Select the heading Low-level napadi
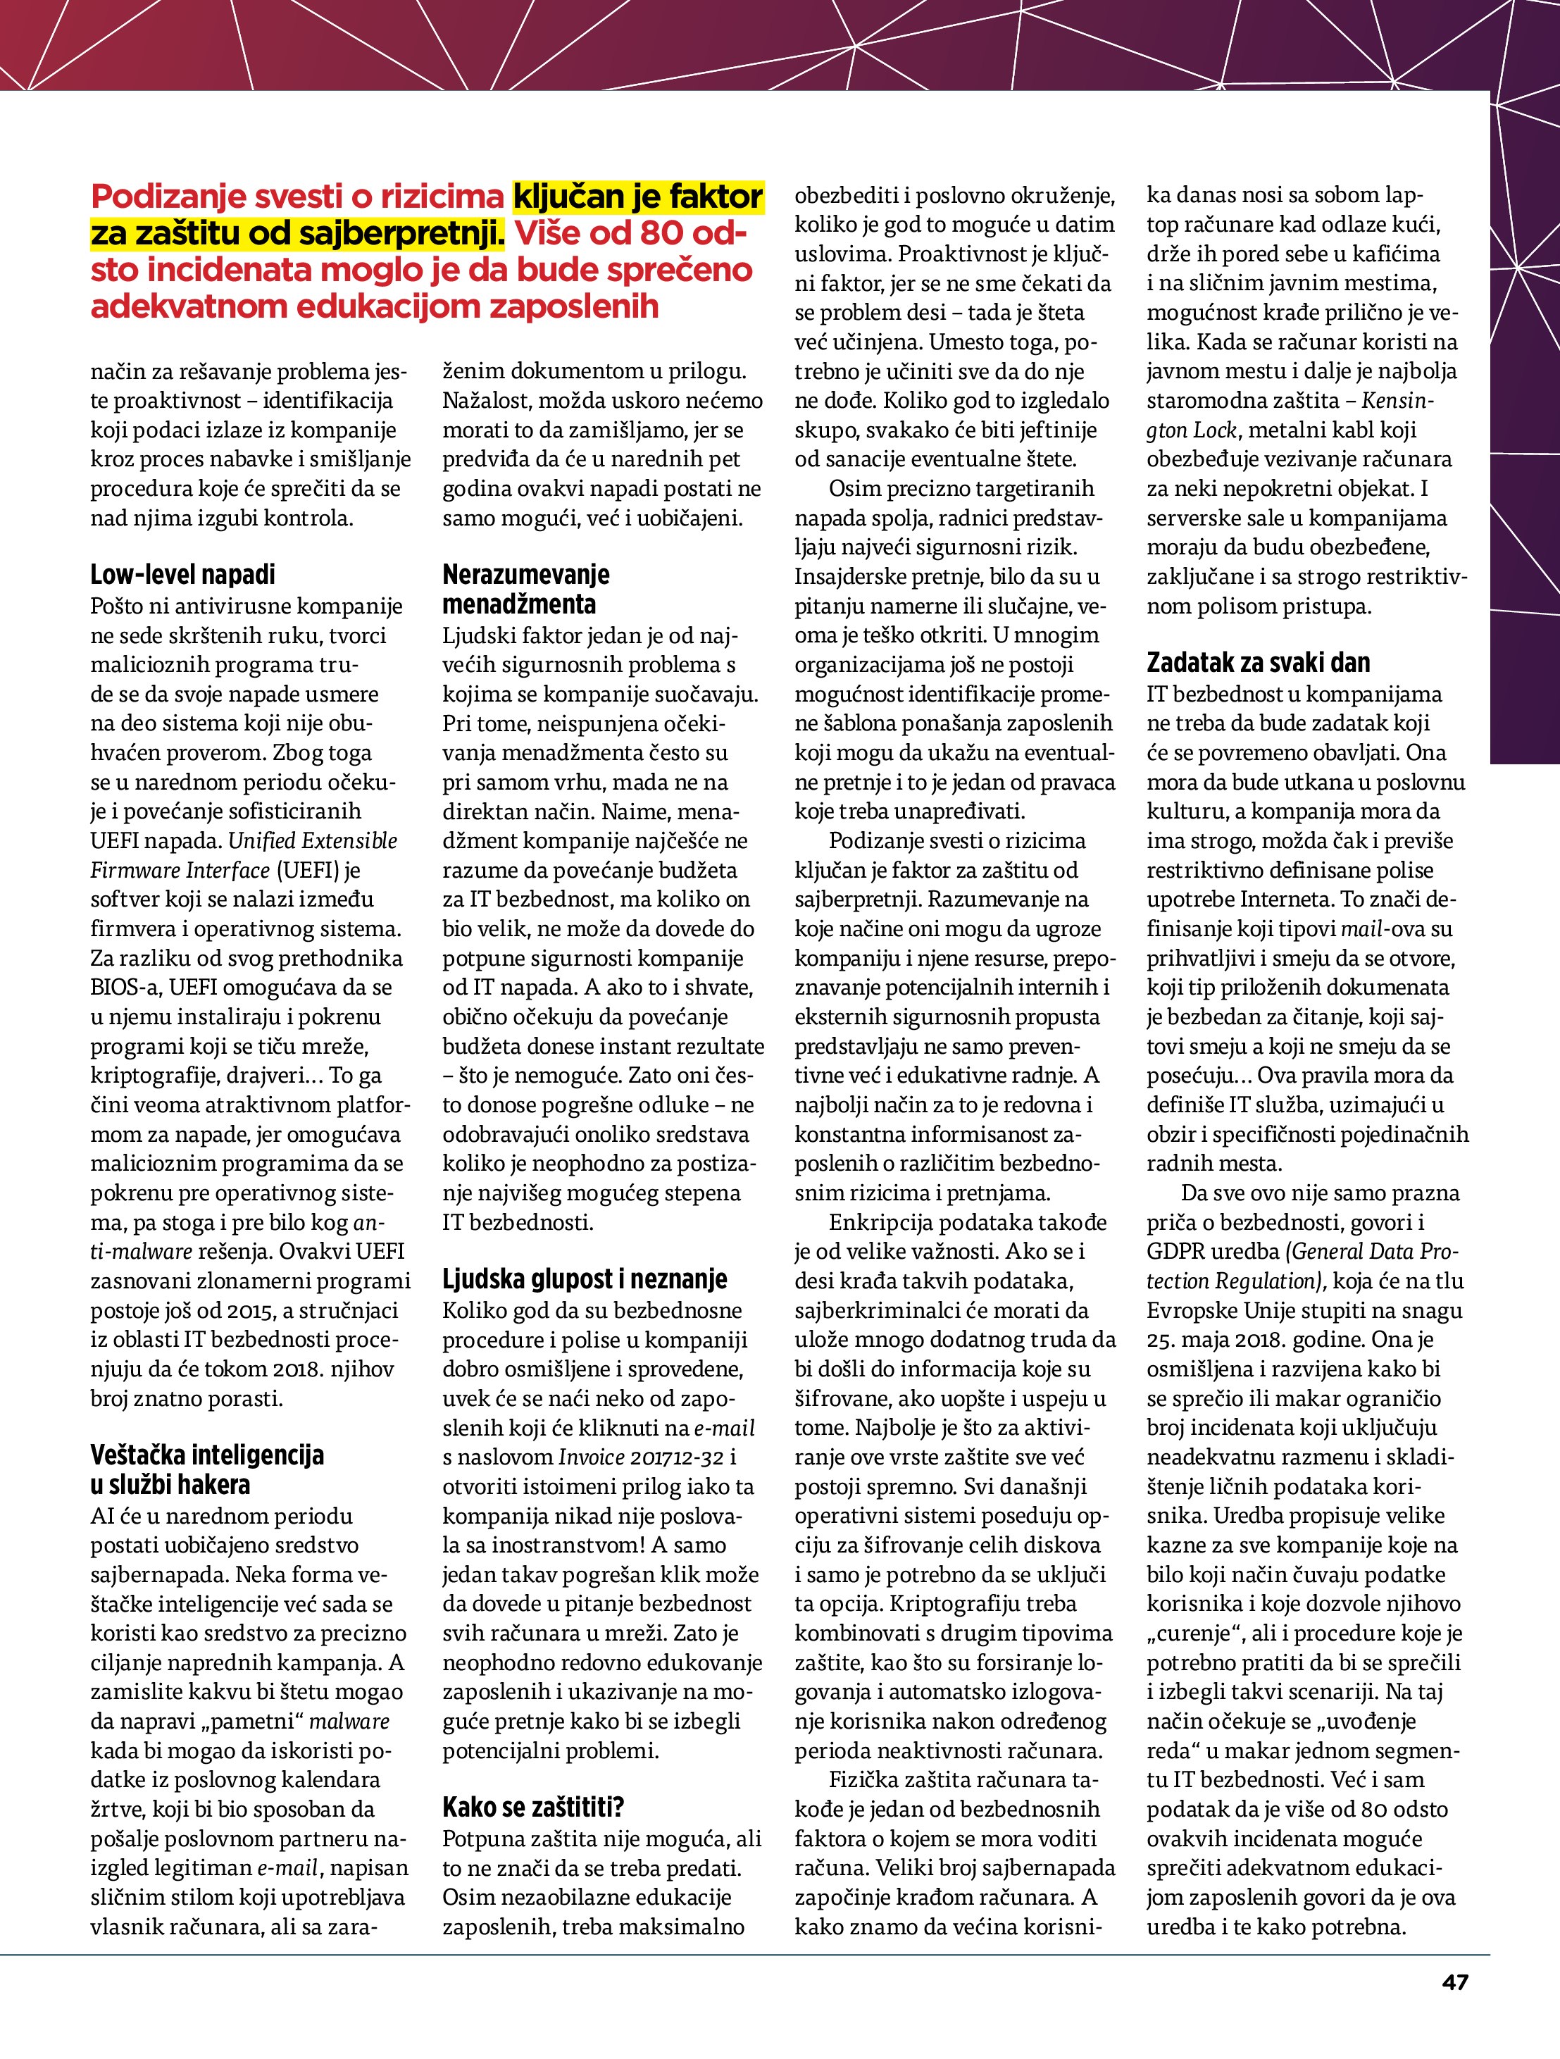182,574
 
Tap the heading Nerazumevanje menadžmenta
526,589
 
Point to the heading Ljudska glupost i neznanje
585,1279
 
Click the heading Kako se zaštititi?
532,1808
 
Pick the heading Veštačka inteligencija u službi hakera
206,1469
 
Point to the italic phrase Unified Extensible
313,840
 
